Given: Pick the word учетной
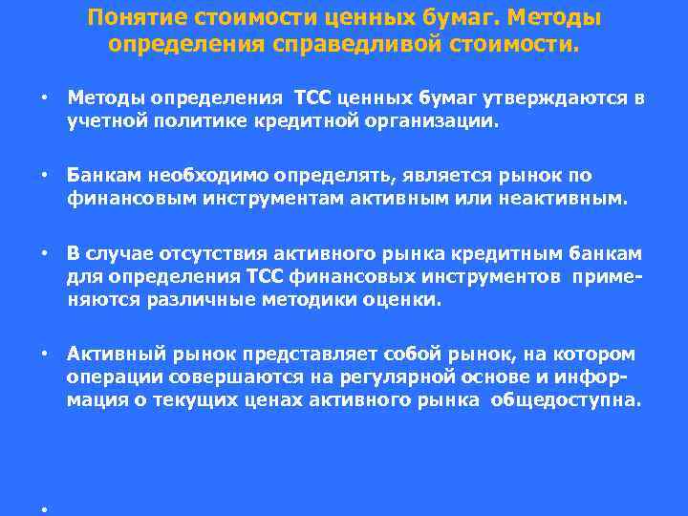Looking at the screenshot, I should (100, 122).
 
